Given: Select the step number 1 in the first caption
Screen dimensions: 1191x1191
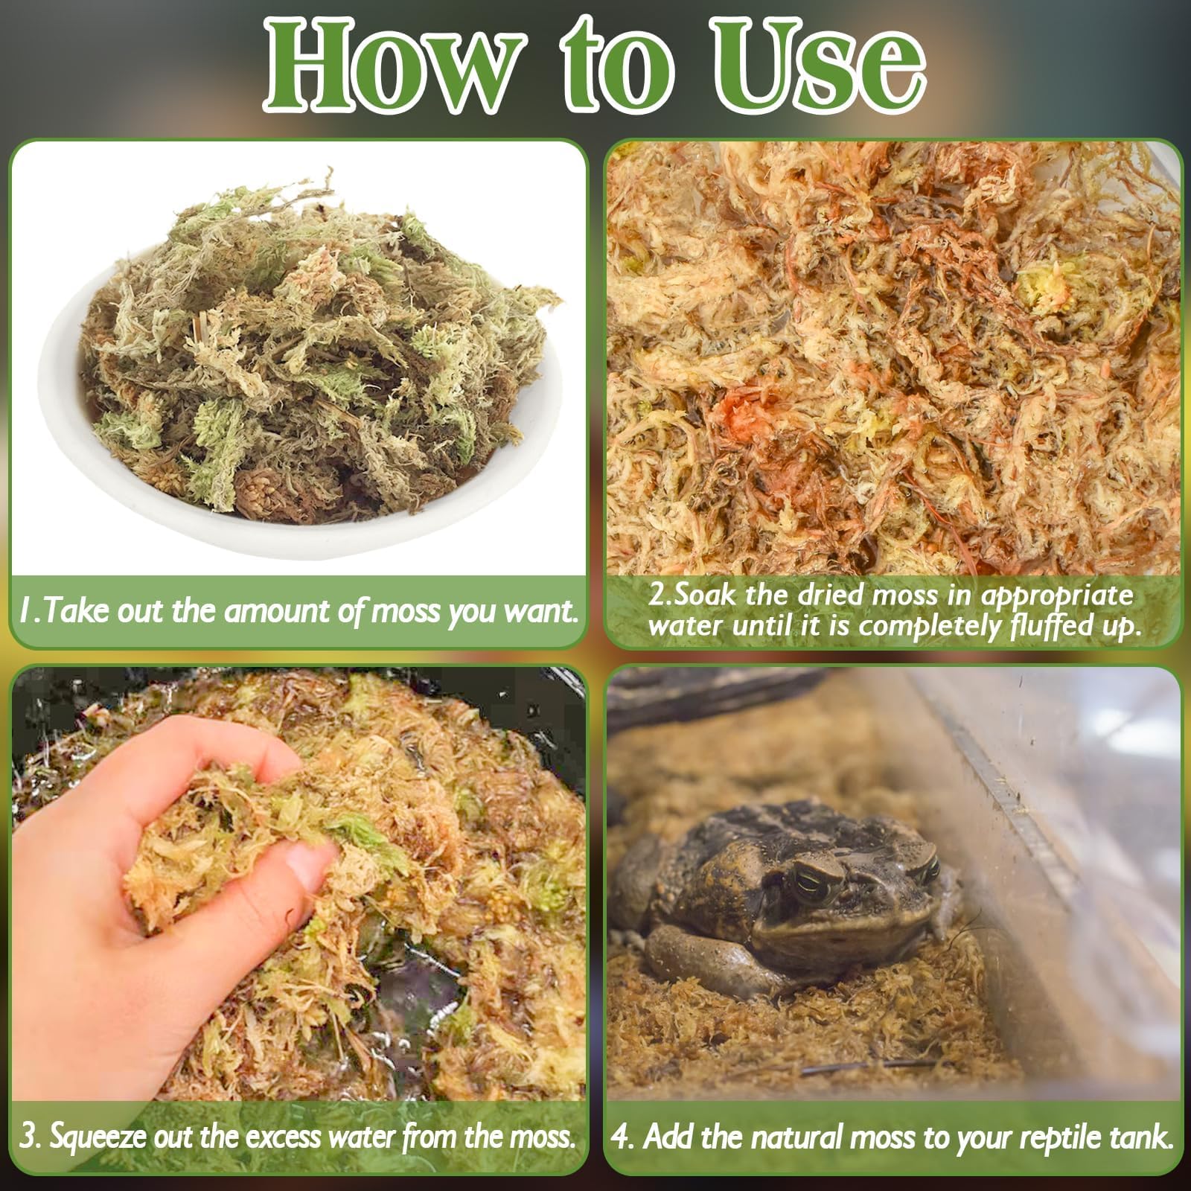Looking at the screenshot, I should point(27,611).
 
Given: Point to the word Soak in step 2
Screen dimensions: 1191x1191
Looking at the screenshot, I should point(708,595).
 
